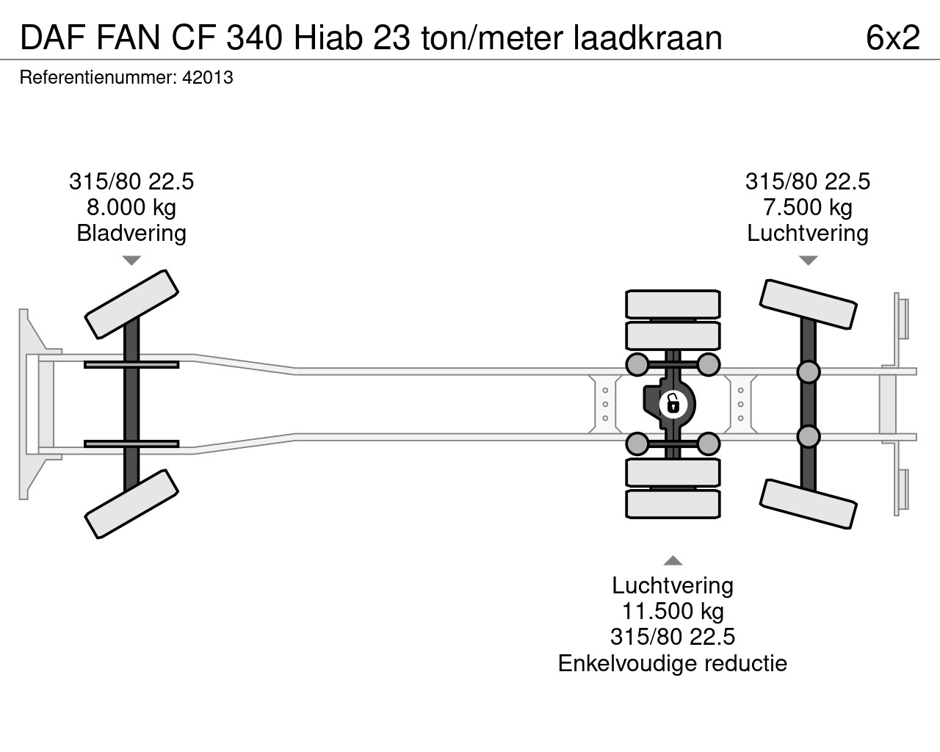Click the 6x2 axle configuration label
tap(892, 37)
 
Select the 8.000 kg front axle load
tap(131, 207)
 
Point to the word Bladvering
tap(131, 234)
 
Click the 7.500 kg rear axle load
tap(808, 207)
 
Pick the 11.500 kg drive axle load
tap(673, 611)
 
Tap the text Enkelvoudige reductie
tap(673, 663)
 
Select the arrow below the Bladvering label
tap(131, 261)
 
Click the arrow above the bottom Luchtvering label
tap(673, 562)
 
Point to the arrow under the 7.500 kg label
tap(808, 261)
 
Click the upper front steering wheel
tap(132, 304)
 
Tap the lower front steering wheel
tap(132, 504)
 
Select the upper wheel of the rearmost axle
tap(808, 305)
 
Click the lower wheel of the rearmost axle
tap(808, 503)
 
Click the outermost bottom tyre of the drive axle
tap(672, 505)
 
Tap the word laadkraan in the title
tap(647, 37)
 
